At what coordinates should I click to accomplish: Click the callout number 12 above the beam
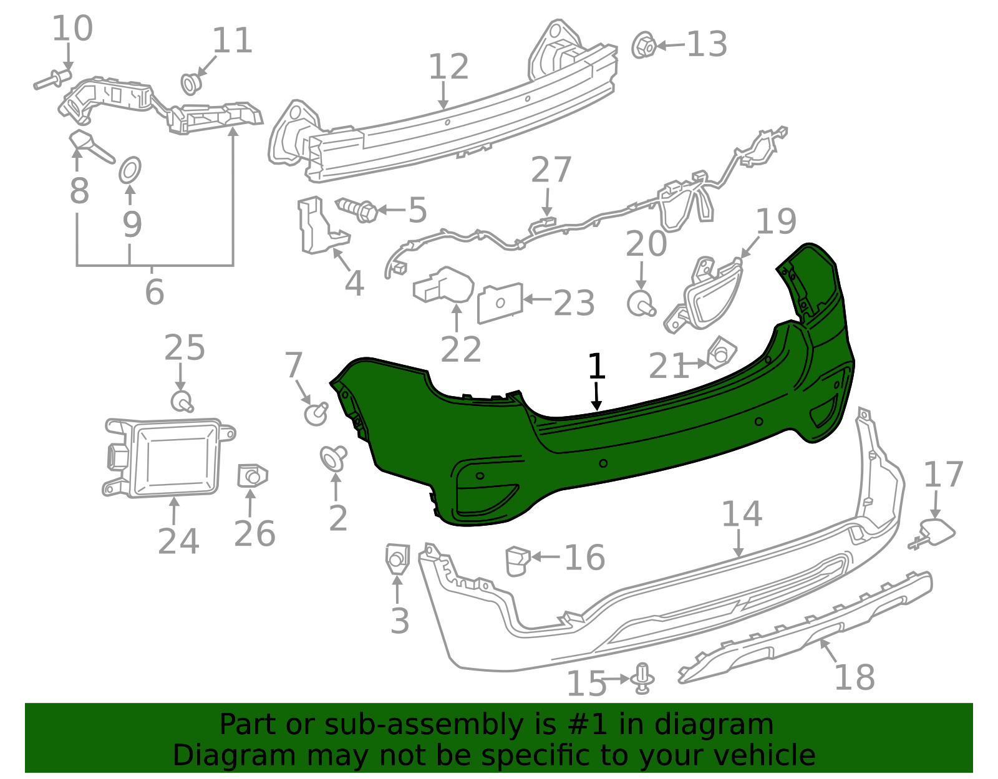pos(448,67)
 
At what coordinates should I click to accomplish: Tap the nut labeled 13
pos(644,46)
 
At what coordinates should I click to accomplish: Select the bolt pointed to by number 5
pos(357,210)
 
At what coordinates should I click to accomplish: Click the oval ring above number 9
pos(130,170)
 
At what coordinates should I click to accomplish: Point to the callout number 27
pos(551,170)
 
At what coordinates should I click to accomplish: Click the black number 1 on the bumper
pos(596,366)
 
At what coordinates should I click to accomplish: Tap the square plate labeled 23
pos(500,303)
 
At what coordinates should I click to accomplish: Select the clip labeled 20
pos(641,303)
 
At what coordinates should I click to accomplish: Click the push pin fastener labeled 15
pos(642,678)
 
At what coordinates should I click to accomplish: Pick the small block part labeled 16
pos(518,561)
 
